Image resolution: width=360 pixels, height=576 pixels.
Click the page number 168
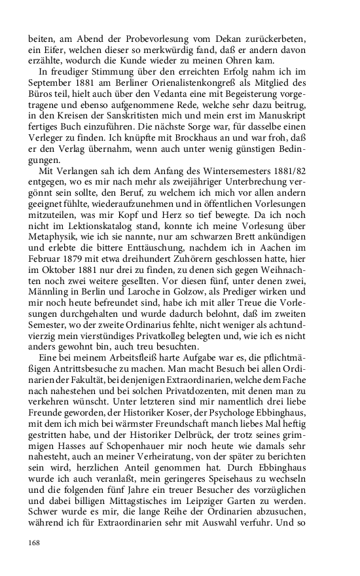pyautogui.click(x=34, y=543)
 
